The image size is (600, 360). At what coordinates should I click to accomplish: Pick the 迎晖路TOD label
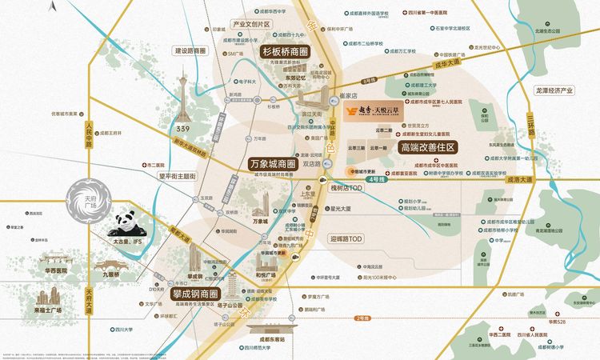[x=346, y=238]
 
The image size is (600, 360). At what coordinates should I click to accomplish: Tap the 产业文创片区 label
[x=251, y=25]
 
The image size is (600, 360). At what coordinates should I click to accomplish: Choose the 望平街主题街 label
[x=177, y=176]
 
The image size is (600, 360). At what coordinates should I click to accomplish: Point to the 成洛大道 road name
[x=523, y=180]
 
